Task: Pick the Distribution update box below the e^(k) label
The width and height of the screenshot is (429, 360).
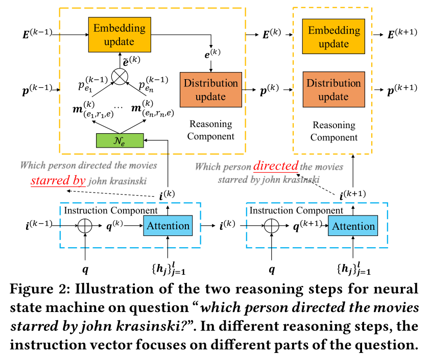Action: click(210, 89)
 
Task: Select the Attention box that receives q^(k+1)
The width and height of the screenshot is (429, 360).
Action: click(353, 226)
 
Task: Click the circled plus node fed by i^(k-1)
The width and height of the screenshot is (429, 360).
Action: click(85, 226)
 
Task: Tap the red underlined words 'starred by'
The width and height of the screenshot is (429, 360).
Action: click(58, 180)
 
